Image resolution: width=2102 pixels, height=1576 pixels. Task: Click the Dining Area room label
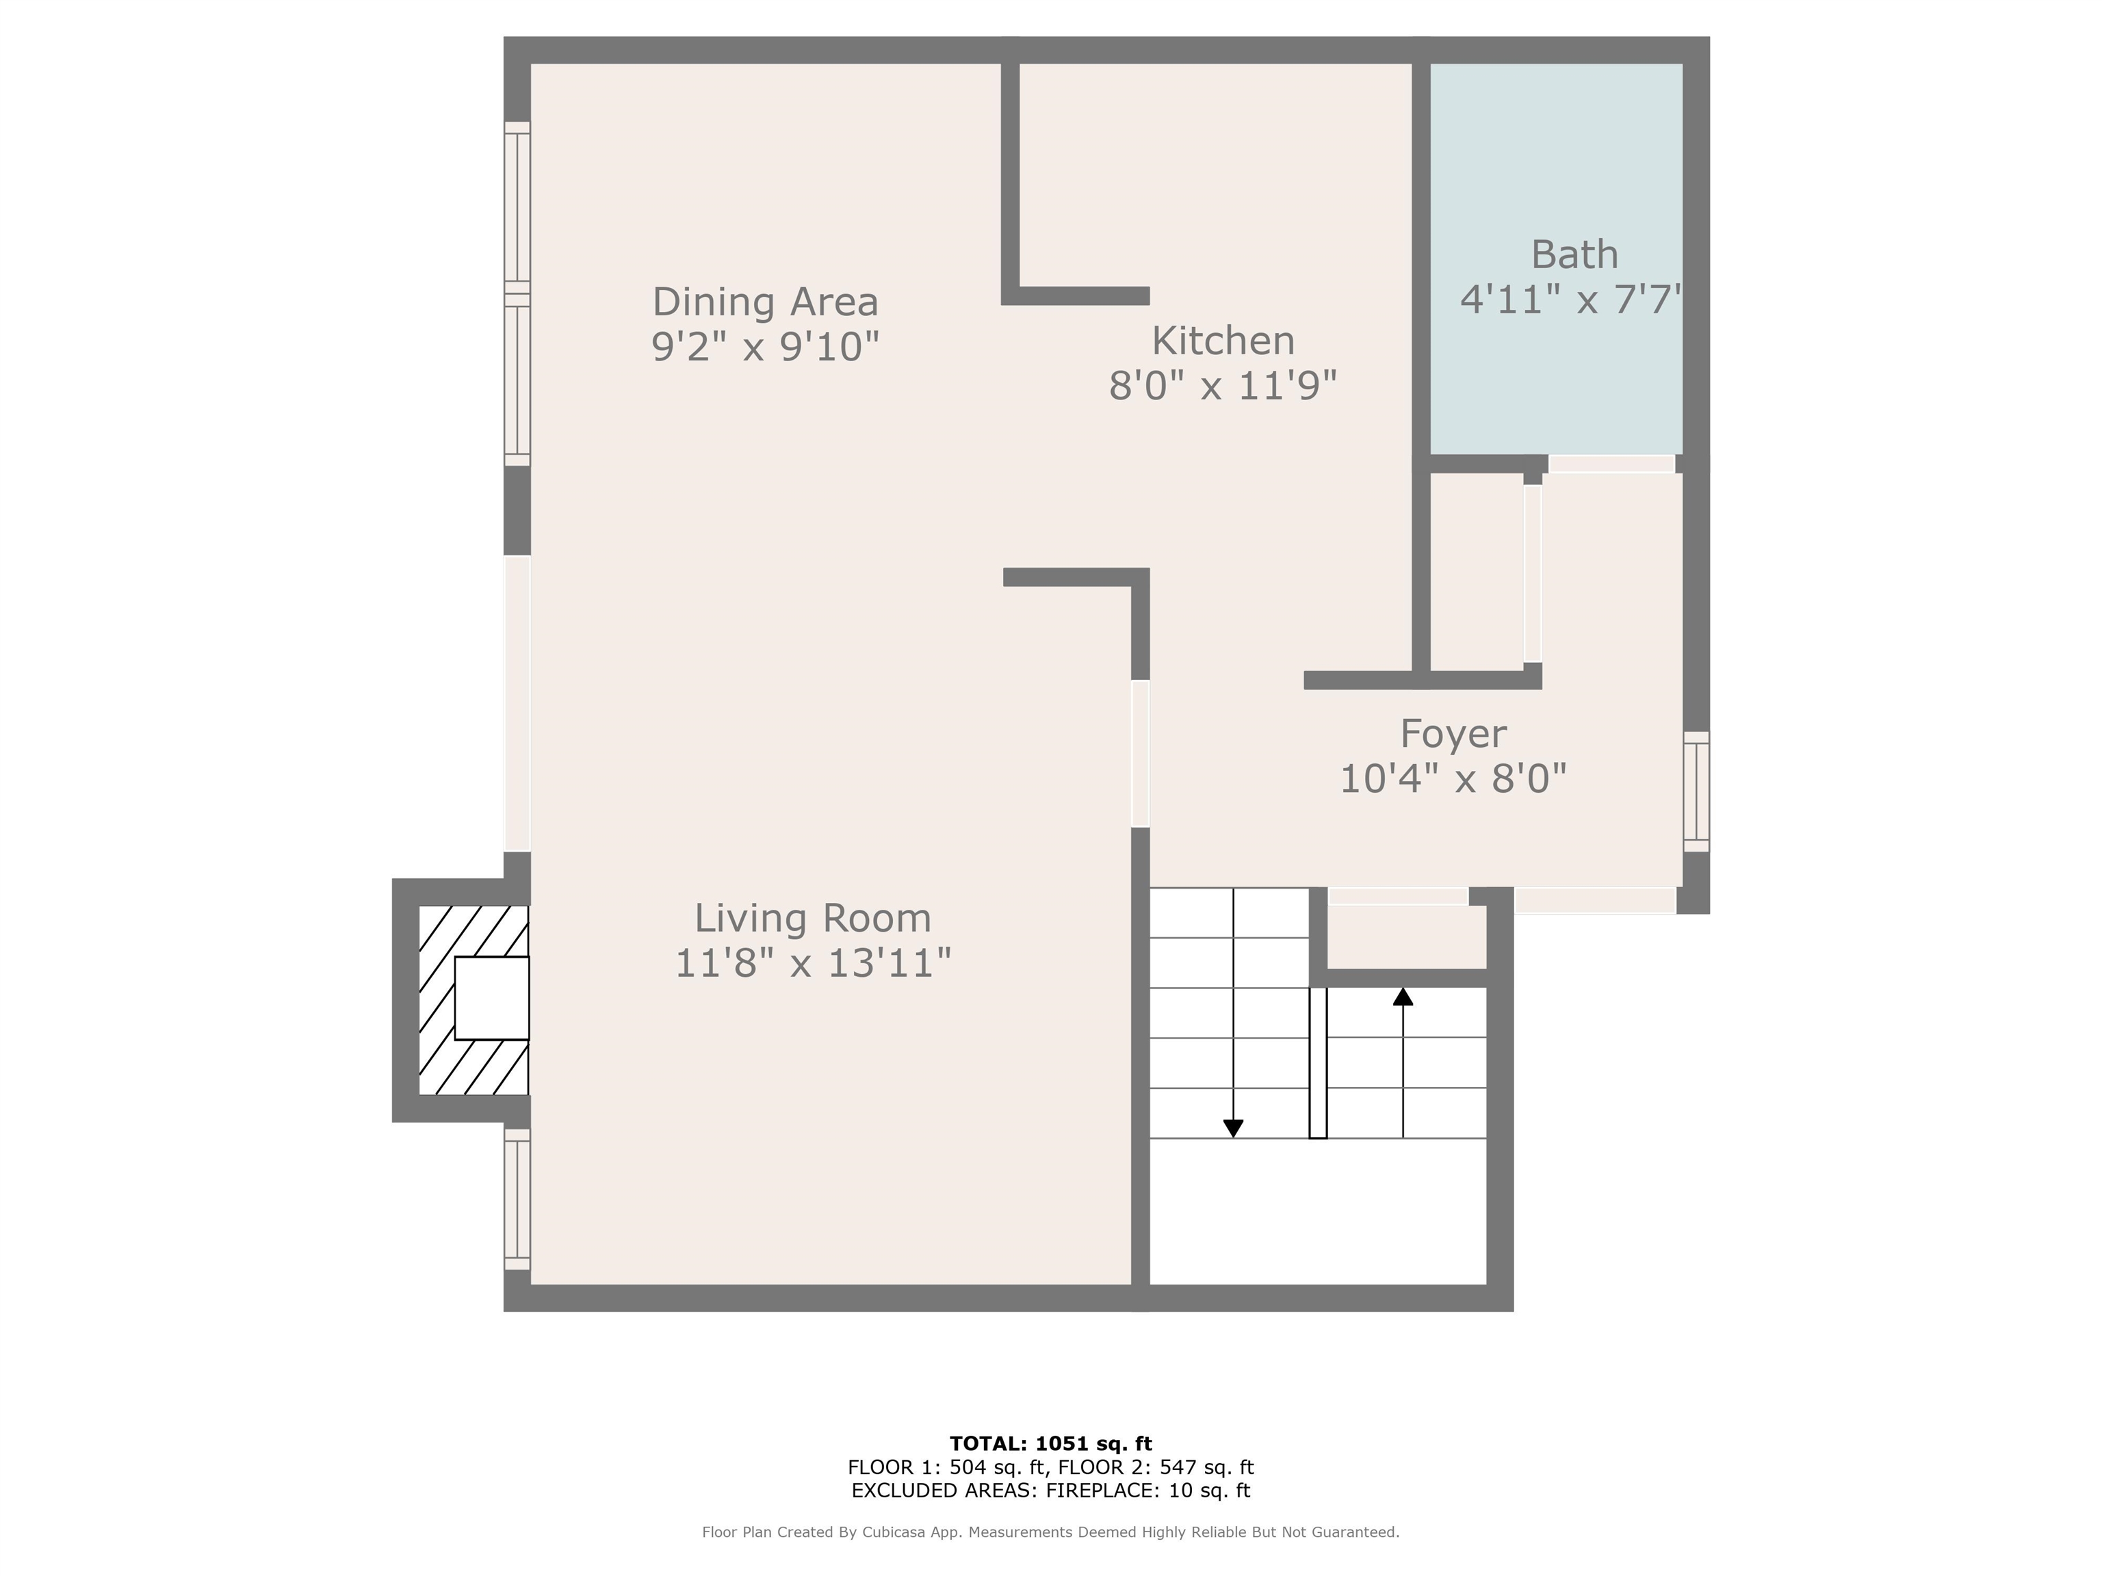[765, 302]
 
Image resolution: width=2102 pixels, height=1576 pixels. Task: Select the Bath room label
[1574, 254]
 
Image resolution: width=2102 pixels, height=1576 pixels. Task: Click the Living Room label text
[812, 919]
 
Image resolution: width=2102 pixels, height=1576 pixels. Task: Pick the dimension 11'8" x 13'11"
[812, 963]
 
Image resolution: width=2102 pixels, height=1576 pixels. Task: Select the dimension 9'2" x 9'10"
[765, 347]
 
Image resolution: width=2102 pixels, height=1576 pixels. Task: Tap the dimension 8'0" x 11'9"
[1223, 386]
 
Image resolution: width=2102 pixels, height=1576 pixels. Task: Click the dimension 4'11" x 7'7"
[1571, 299]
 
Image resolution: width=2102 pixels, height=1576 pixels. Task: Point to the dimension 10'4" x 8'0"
[1453, 779]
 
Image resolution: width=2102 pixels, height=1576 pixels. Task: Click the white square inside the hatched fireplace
[491, 999]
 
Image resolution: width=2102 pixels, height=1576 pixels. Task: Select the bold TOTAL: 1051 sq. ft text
[1051, 1445]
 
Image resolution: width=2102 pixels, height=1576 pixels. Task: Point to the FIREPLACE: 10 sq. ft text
[1148, 1490]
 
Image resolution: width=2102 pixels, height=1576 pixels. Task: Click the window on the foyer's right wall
[1696, 791]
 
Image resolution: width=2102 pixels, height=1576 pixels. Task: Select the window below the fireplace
[517, 1199]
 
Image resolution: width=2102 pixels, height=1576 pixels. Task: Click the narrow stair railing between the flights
[1318, 1063]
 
